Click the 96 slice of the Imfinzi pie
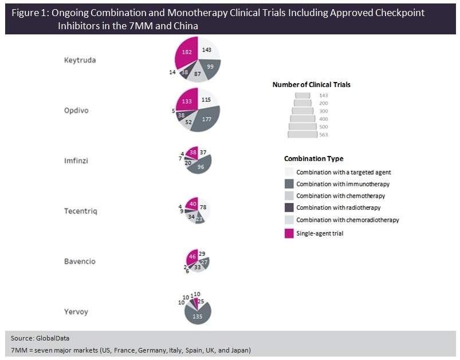(x=201, y=167)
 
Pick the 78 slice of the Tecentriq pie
(x=203, y=207)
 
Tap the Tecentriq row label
(x=80, y=211)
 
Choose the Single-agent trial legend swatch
(x=289, y=233)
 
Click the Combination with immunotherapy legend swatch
(x=289, y=184)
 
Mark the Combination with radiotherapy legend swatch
(x=289, y=208)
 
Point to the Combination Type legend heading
(x=313, y=159)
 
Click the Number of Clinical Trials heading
(x=311, y=84)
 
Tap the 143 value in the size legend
(x=323, y=95)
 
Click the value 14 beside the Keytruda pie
(x=172, y=72)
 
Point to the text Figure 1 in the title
(x=27, y=13)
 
